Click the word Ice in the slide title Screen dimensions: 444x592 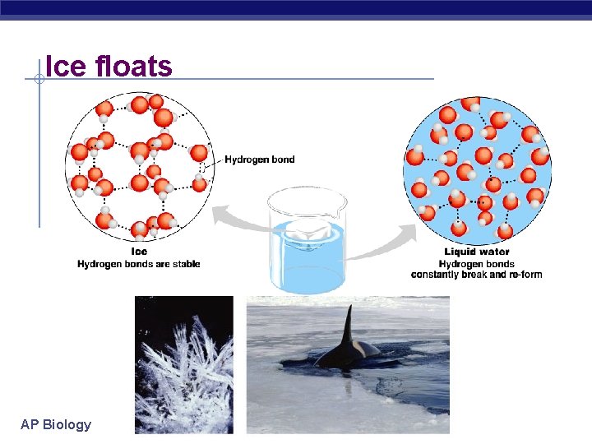66,66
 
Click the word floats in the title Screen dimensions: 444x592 134,66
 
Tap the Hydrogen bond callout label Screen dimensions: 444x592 259,160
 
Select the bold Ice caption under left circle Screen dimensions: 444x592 139,252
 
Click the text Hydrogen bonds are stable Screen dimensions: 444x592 139,264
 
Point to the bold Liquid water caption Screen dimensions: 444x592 477,252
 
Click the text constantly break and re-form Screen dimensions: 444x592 477,275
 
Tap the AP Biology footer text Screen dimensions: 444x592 56,425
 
